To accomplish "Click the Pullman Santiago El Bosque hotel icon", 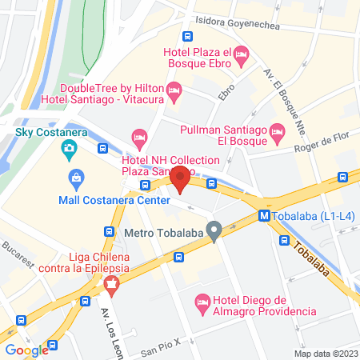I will coord(277,130).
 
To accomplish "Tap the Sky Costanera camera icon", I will coord(70,147).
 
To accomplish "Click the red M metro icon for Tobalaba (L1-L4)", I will coord(263,215).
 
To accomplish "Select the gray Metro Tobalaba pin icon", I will coord(214,232).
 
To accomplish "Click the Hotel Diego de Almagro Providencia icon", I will coord(202,302).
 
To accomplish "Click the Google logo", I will coord(27,350).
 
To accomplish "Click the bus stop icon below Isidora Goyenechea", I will coord(187,36).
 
